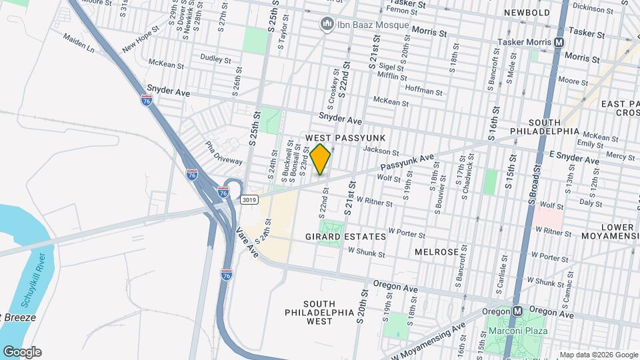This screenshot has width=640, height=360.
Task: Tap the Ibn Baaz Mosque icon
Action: [x=327, y=25]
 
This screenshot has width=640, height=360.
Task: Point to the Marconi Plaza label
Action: [x=518, y=331]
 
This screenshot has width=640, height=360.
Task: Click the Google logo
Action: [x=22, y=352]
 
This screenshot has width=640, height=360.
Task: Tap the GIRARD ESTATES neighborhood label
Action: [x=345, y=237]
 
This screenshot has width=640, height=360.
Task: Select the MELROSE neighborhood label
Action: [x=436, y=252]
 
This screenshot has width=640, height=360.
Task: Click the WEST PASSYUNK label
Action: [x=337, y=137]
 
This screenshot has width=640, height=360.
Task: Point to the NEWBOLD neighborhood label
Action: [x=527, y=13]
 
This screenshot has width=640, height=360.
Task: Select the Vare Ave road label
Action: [x=247, y=242]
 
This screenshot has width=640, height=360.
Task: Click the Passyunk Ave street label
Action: [x=407, y=164]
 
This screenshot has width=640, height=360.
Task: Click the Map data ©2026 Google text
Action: [x=598, y=355]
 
